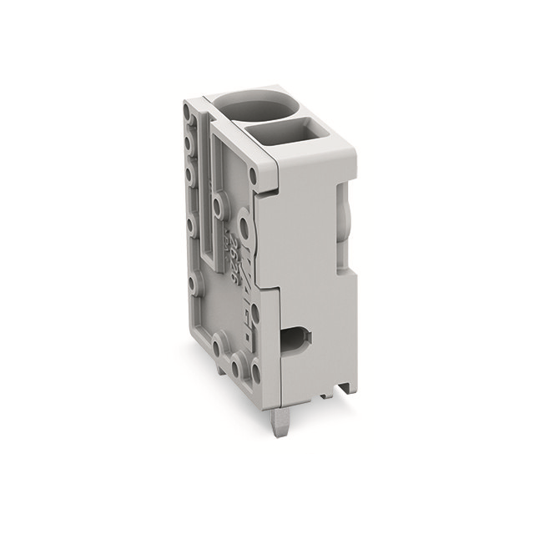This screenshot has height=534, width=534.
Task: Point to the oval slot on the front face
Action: coord(295,339)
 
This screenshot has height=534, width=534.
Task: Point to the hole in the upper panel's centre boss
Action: coord(217,202)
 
